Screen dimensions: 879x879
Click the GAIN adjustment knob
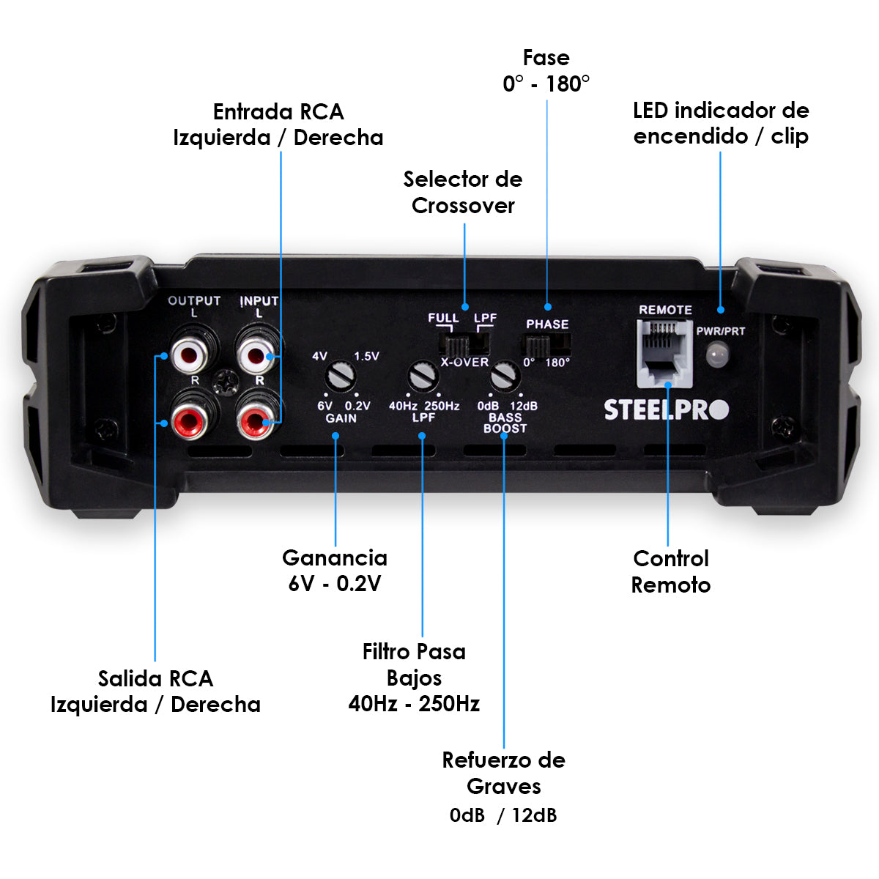pyautogui.click(x=341, y=377)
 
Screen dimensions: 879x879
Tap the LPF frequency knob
pyautogui.click(x=423, y=377)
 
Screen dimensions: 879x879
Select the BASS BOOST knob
pyautogui.click(x=505, y=377)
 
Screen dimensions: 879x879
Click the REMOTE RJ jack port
pyautogui.click(x=664, y=352)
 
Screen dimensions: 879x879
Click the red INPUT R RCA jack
pyautogui.click(x=256, y=420)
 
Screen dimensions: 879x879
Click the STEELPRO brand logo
pyautogui.click(x=666, y=410)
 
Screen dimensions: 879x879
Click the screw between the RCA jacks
pyautogui.click(x=226, y=382)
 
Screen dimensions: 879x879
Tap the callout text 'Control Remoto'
pyautogui.click(x=670, y=571)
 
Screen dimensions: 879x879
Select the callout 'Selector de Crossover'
pyautogui.click(x=463, y=192)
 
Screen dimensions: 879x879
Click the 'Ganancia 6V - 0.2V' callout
pyautogui.click(x=335, y=570)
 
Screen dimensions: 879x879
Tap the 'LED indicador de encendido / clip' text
pyautogui.click(x=721, y=123)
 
